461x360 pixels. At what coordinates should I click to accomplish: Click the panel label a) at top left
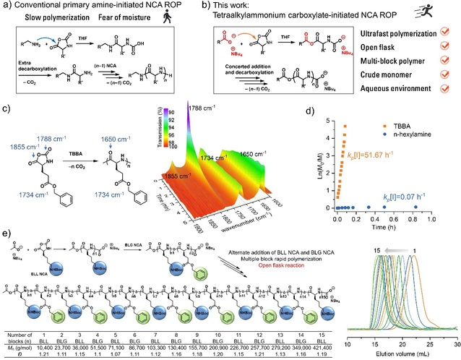(x=6, y=6)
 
